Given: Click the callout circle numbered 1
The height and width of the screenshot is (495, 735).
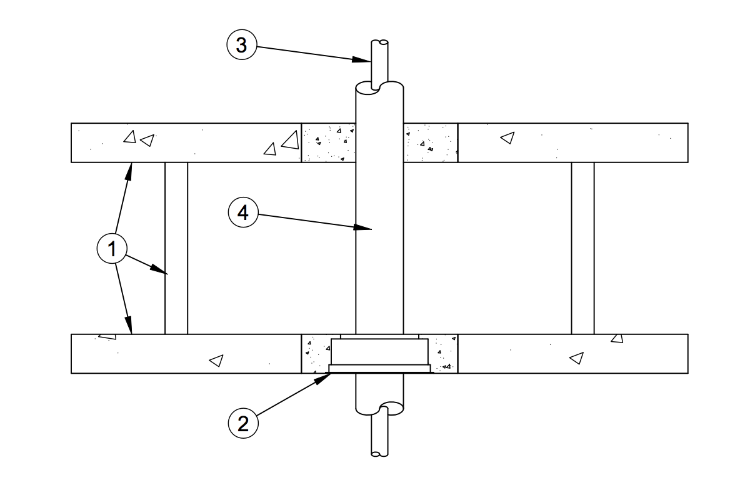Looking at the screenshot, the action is [112, 249].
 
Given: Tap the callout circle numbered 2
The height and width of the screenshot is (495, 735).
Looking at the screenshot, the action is [243, 423].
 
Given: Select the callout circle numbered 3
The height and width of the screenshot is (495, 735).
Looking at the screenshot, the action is [242, 45].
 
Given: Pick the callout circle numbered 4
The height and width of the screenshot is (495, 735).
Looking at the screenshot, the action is [243, 212].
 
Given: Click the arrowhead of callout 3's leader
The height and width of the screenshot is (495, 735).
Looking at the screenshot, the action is [362, 59].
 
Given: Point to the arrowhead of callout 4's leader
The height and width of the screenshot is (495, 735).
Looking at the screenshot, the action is [362, 227].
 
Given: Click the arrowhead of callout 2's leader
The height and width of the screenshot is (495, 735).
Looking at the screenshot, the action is [321, 377].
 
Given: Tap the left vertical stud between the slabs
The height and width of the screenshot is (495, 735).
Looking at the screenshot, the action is [176, 249].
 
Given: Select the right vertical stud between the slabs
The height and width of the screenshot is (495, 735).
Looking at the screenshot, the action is [582, 249].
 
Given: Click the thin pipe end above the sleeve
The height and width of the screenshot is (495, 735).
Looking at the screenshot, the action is [380, 64].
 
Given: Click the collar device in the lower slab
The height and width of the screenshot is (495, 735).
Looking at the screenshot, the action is [380, 355].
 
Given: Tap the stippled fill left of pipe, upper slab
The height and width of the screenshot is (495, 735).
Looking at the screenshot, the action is [328, 143].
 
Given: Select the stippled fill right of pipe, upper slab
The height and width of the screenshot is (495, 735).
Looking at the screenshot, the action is [430, 143].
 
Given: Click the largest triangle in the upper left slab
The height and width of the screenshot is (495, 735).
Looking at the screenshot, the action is [291, 141].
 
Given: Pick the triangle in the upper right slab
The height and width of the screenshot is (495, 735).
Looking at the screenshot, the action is [508, 137].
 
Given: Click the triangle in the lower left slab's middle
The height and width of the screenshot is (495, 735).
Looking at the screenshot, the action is [216, 361].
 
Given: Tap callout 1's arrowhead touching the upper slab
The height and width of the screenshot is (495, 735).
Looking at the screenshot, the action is [129, 171].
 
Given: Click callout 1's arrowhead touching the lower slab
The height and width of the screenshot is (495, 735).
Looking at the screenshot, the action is [129, 325].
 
